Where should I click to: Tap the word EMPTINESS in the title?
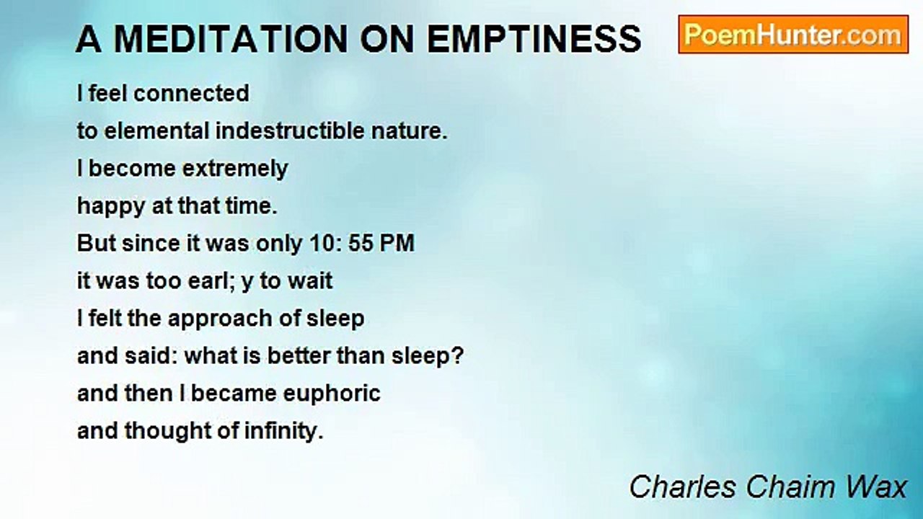[534, 39]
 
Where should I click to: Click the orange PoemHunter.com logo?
[793, 35]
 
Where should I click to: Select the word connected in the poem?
[191, 93]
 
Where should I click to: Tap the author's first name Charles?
[683, 487]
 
